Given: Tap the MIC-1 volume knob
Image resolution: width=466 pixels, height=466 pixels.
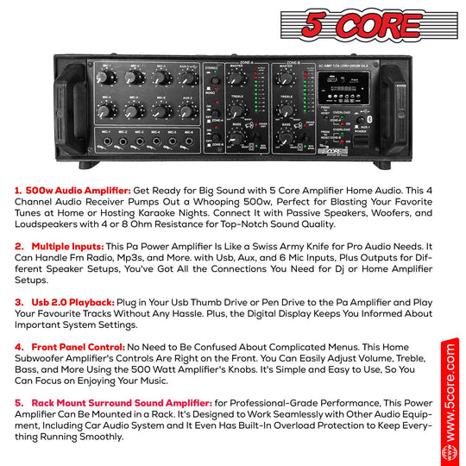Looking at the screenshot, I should [104, 77].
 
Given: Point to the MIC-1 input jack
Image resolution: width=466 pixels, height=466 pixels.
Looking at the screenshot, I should [105, 142].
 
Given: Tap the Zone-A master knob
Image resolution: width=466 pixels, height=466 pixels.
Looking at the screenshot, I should [234, 79].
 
